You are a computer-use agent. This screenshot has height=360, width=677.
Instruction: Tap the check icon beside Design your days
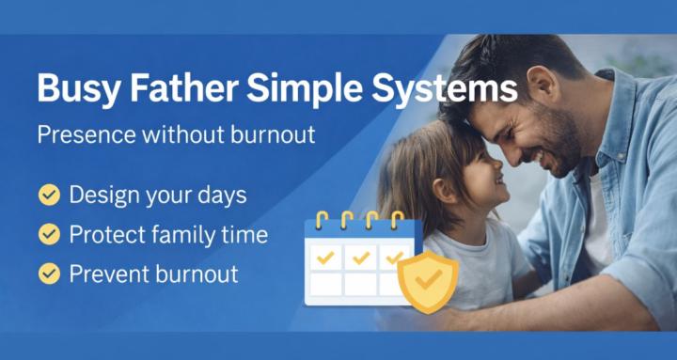(48, 195)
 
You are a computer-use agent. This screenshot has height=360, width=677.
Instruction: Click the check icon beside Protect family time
(48, 234)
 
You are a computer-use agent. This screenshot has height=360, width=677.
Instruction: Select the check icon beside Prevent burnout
(48, 274)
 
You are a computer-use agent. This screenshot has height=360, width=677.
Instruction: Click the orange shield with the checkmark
(428, 279)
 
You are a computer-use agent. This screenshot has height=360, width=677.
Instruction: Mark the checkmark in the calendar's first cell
(325, 257)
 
